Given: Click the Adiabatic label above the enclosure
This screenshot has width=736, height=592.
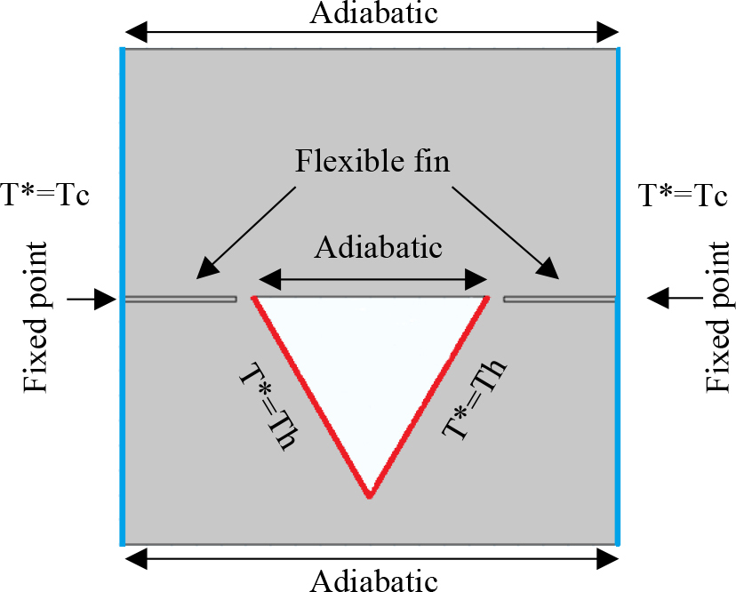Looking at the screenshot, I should (x=373, y=13).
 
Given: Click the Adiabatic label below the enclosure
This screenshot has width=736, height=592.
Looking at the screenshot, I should (x=373, y=580).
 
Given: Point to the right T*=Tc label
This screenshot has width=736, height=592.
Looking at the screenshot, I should (x=683, y=195).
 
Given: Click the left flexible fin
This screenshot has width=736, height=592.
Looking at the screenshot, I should (x=180, y=299).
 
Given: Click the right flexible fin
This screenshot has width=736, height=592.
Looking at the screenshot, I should (x=559, y=299).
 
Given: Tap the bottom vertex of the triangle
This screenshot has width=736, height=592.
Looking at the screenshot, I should (x=369, y=495).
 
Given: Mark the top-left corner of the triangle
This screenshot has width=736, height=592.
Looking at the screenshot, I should (x=254, y=298).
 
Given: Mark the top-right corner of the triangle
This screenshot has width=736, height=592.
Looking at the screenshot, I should (x=488, y=298).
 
